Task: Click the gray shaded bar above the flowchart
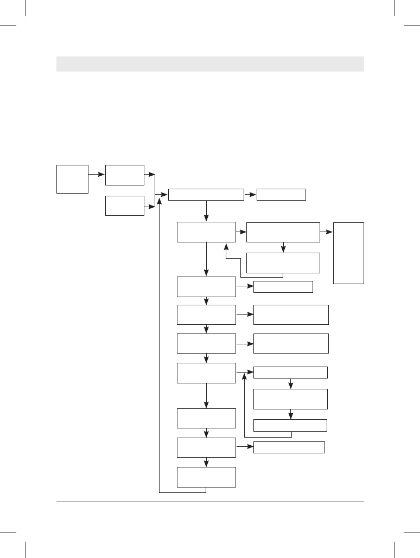click(210, 63)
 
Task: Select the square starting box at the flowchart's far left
click(72, 179)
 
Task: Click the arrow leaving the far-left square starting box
click(97, 175)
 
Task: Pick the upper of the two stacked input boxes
click(125, 175)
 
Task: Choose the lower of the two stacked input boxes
click(125, 206)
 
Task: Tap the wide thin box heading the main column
click(206, 194)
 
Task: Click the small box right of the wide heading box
click(281, 194)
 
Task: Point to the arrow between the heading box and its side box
click(250, 194)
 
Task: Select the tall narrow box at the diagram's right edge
click(348, 253)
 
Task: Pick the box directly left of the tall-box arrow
click(283, 232)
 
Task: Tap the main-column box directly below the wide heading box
click(206, 232)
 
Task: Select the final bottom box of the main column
click(206, 477)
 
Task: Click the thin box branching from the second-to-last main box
click(289, 447)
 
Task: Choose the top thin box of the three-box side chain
click(290, 372)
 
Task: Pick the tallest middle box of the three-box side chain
click(290, 399)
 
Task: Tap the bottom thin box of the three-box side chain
click(290, 425)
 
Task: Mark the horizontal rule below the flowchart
click(210, 502)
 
